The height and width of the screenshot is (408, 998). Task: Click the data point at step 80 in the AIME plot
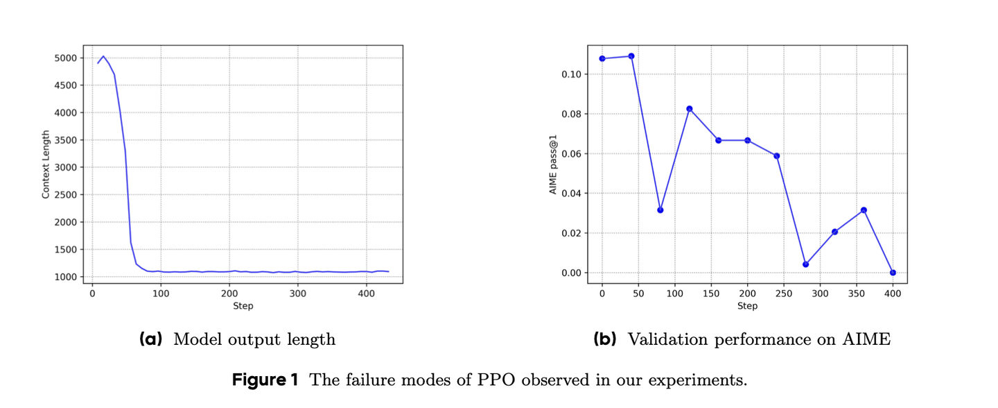click(660, 210)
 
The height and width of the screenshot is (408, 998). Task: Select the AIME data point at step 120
click(690, 109)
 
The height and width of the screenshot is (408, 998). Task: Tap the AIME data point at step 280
click(805, 264)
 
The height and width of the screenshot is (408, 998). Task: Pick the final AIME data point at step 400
click(893, 273)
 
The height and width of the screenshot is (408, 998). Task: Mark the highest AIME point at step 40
click(631, 56)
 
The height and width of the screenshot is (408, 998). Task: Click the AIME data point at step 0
click(602, 58)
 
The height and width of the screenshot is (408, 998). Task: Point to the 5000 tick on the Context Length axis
click(69, 58)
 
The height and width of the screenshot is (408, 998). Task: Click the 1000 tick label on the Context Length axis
click(69, 277)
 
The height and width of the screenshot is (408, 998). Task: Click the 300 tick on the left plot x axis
click(298, 294)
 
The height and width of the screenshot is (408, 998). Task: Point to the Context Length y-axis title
click(46, 164)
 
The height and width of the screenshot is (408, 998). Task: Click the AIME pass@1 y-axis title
click(553, 164)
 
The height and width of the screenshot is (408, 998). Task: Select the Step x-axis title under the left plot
click(243, 306)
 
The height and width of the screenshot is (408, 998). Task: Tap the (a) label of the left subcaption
click(150, 339)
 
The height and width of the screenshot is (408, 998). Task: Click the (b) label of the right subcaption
click(605, 339)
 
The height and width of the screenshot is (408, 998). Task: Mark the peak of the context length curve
click(103, 56)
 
